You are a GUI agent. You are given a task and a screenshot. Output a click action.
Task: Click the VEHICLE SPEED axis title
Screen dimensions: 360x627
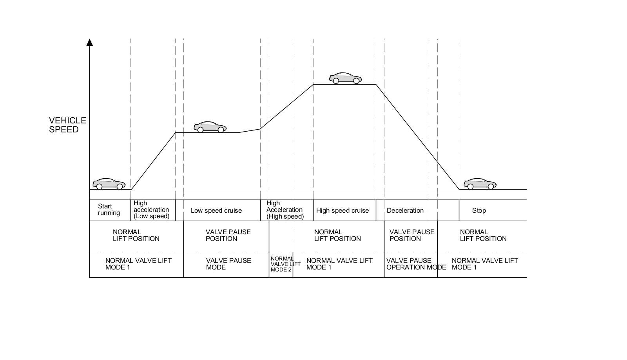[x=67, y=125]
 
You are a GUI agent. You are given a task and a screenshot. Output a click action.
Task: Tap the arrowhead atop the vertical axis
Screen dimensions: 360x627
[x=90, y=42]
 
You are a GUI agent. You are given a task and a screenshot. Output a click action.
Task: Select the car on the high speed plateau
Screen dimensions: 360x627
[x=345, y=78]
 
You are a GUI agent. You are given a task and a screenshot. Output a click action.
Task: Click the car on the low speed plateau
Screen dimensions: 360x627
[x=210, y=127]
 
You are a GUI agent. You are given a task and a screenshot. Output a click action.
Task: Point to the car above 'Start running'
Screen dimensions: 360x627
[x=109, y=184]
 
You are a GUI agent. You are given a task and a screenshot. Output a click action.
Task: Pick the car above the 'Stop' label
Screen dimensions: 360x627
[x=480, y=184]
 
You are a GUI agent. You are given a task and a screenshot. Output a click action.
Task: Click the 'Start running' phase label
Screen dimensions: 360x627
[x=109, y=210]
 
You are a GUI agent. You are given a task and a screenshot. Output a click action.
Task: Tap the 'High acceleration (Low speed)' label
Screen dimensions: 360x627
[x=151, y=210]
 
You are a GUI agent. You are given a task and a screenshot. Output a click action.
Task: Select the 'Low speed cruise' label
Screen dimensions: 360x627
[x=216, y=211]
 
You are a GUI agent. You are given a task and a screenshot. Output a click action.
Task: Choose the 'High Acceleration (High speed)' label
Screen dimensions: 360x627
[x=285, y=210]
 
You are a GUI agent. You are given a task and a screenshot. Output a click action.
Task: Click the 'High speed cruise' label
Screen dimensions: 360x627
[x=342, y=211]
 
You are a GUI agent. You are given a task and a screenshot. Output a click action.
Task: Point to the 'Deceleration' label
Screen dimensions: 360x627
[x=405, y=211]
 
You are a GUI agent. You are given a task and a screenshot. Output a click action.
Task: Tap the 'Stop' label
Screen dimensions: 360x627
[x=479, y=211]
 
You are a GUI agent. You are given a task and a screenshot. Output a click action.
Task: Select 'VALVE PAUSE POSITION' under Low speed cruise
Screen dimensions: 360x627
[x=228, y=235]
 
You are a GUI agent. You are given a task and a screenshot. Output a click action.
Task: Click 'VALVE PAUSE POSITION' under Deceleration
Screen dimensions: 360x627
[x=411, y=235]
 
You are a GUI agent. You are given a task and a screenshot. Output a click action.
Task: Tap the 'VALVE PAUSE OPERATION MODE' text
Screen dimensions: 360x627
[x=416, y=264]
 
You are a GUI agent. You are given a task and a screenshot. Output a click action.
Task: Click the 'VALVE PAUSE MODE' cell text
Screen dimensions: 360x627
[x=228, y=264]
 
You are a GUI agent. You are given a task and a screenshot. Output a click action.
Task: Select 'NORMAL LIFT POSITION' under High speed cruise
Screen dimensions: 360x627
[x=337, y=235]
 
